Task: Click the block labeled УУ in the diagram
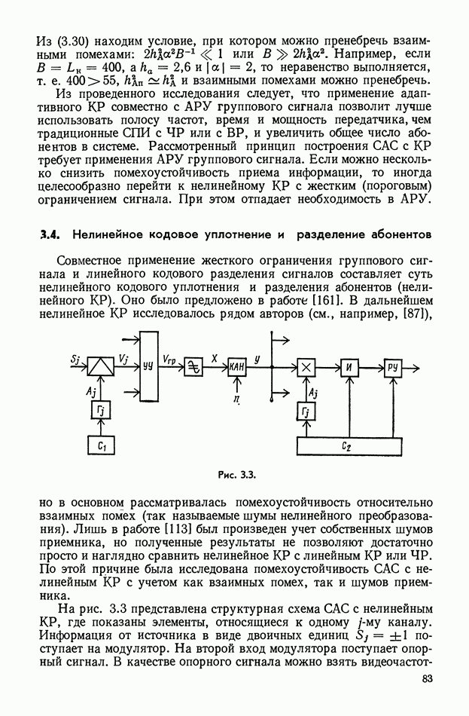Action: (x=148, y=366)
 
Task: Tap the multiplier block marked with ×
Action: (x=306, y=366)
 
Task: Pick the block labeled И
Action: (x=349, y=366)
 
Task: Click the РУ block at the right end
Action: (x=394, y=366)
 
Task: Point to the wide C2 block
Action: (x=346, y=445)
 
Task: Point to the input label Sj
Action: (x=76, y=359)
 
